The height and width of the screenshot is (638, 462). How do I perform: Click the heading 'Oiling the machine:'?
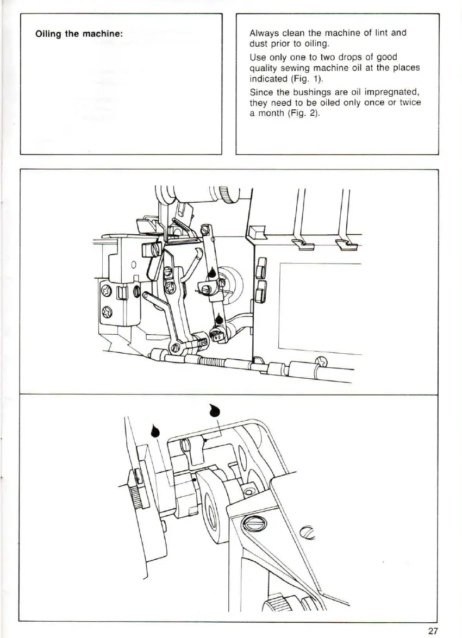coord(79,34)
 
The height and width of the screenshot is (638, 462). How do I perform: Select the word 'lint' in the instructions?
coord(377,33)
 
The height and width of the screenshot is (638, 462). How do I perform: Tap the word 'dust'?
coord(259,43)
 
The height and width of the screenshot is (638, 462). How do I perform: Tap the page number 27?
coord(433,630)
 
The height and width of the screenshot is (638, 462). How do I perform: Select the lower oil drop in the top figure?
coord(218,318)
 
